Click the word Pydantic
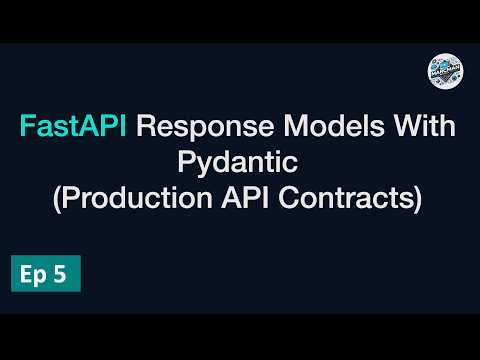[x=240, y=164]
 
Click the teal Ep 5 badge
[x=45, y=276]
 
